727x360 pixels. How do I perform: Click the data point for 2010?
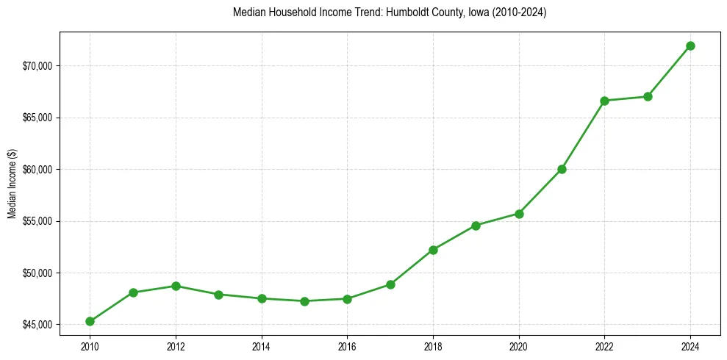(90, 321)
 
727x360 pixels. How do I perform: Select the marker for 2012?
(176, 286)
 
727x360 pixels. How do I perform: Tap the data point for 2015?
(304, 301)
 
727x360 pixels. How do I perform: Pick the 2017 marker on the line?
(390, 284)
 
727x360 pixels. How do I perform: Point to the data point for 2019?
(476, 226)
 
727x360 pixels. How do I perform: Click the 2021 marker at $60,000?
(562, 169)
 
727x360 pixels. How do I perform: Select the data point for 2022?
(605, 101)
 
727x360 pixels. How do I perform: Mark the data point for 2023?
(648, 96)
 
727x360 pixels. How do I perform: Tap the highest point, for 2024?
(691, 46)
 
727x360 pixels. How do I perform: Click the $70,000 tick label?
(37, 66)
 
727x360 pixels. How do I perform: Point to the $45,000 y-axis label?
(37, 325)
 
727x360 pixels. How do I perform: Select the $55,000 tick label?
(37, 221)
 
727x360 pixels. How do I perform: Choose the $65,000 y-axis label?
(37, 118)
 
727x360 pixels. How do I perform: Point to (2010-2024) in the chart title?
(519, 12)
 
